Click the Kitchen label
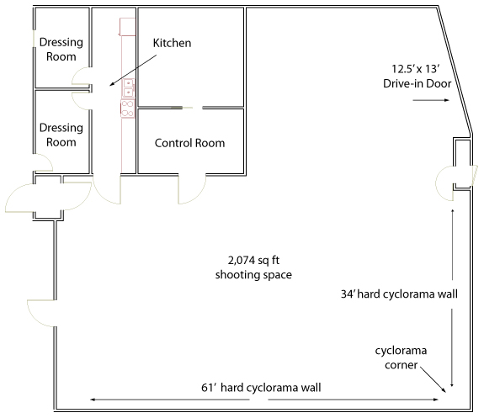tap(172, 43)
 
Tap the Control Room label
tap(189, 143)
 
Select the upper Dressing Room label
tap(61, 50)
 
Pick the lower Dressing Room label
tap(61, 135)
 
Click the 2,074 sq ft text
tap(253, 261)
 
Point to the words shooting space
tap(253, 274)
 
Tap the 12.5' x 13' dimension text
tap(416, 69)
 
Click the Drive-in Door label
tap(417, 83)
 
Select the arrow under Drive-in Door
tap(431, 100)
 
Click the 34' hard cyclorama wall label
tap(399, 294)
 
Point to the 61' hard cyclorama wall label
tap(261, 388)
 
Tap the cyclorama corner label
tap(401, 357)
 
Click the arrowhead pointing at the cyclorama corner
tap(444, 391)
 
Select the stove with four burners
tap(127, 108)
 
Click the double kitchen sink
tap(128, 88)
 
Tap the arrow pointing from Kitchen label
tap(133, 71)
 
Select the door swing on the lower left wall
tap(34, 318)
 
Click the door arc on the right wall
tap(438, 191)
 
